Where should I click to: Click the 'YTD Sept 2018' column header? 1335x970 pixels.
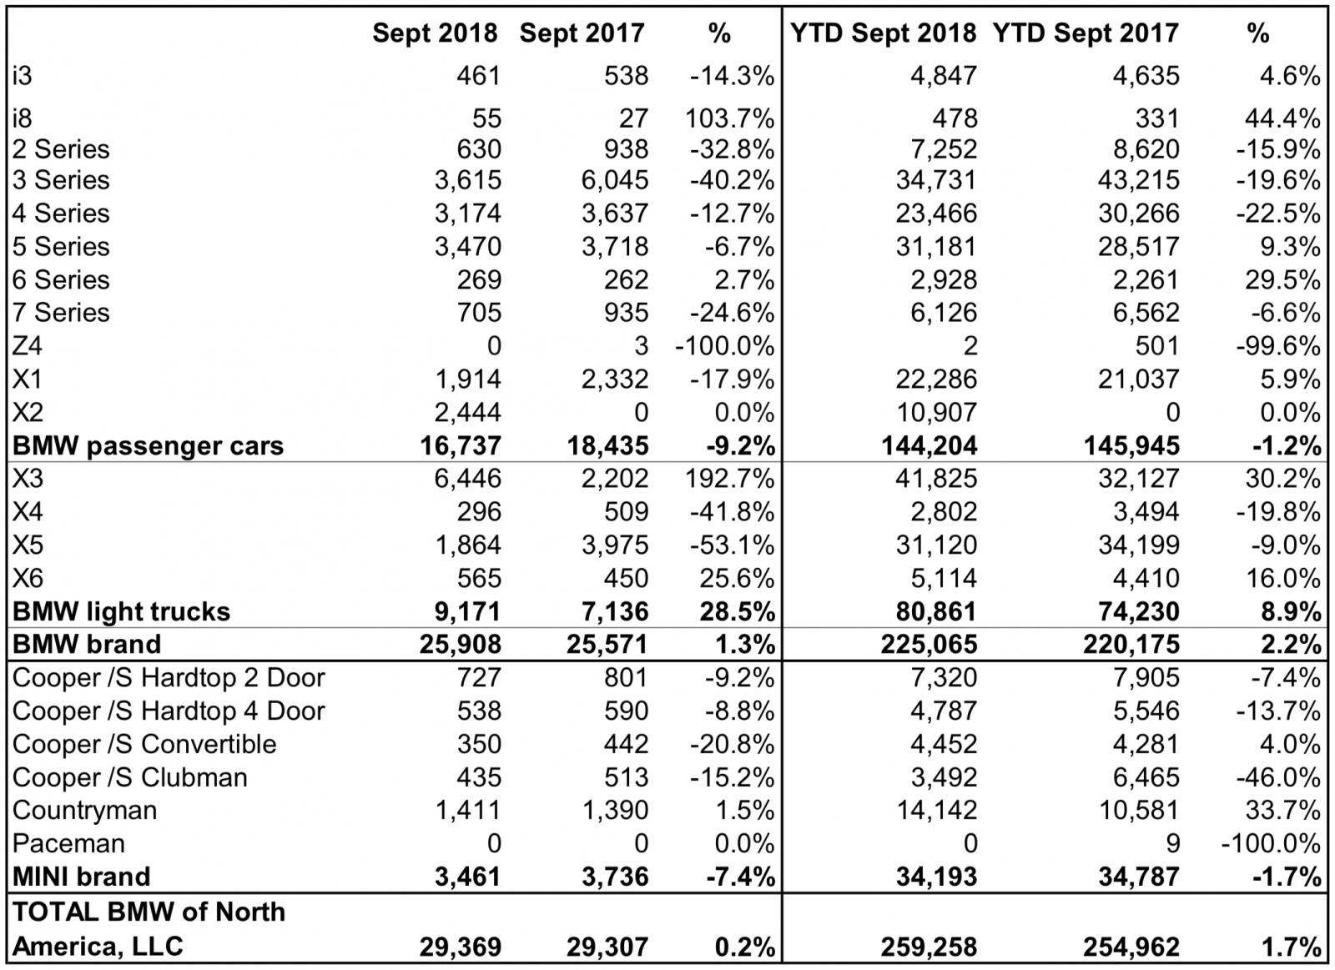tap(883, 33)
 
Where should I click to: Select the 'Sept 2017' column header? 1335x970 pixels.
tap(582, 33)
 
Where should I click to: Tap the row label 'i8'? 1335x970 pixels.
tap(22, 118)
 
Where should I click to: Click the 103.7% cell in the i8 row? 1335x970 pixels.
tap(731, 118)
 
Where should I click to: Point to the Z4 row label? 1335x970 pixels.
tap(27, 345)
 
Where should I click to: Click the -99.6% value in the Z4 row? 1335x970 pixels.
tap(1277, 345)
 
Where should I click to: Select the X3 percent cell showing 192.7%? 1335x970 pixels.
tap(731, 478)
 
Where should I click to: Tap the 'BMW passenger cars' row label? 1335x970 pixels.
tap(148, 445)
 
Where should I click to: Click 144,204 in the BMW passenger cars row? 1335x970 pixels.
tap(929, 445)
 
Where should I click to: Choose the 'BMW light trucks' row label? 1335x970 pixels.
tap(121, 611)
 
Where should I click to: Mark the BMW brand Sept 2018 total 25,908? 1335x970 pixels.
tap(460, 644)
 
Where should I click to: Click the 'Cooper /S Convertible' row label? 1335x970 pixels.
tap(144, 744)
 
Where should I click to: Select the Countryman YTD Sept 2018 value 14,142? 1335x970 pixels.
tap(936, 810)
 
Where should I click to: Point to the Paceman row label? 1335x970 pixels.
tap(68, 843)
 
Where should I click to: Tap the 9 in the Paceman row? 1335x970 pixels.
tap(1172, 843)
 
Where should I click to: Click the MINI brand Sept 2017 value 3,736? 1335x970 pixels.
tap(615, 877)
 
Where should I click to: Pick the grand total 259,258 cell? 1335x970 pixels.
tap(929, 947)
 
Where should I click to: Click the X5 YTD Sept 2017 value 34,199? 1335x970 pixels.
tap(1139, 545)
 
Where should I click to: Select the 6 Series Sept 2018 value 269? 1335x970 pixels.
tap(479, 279)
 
